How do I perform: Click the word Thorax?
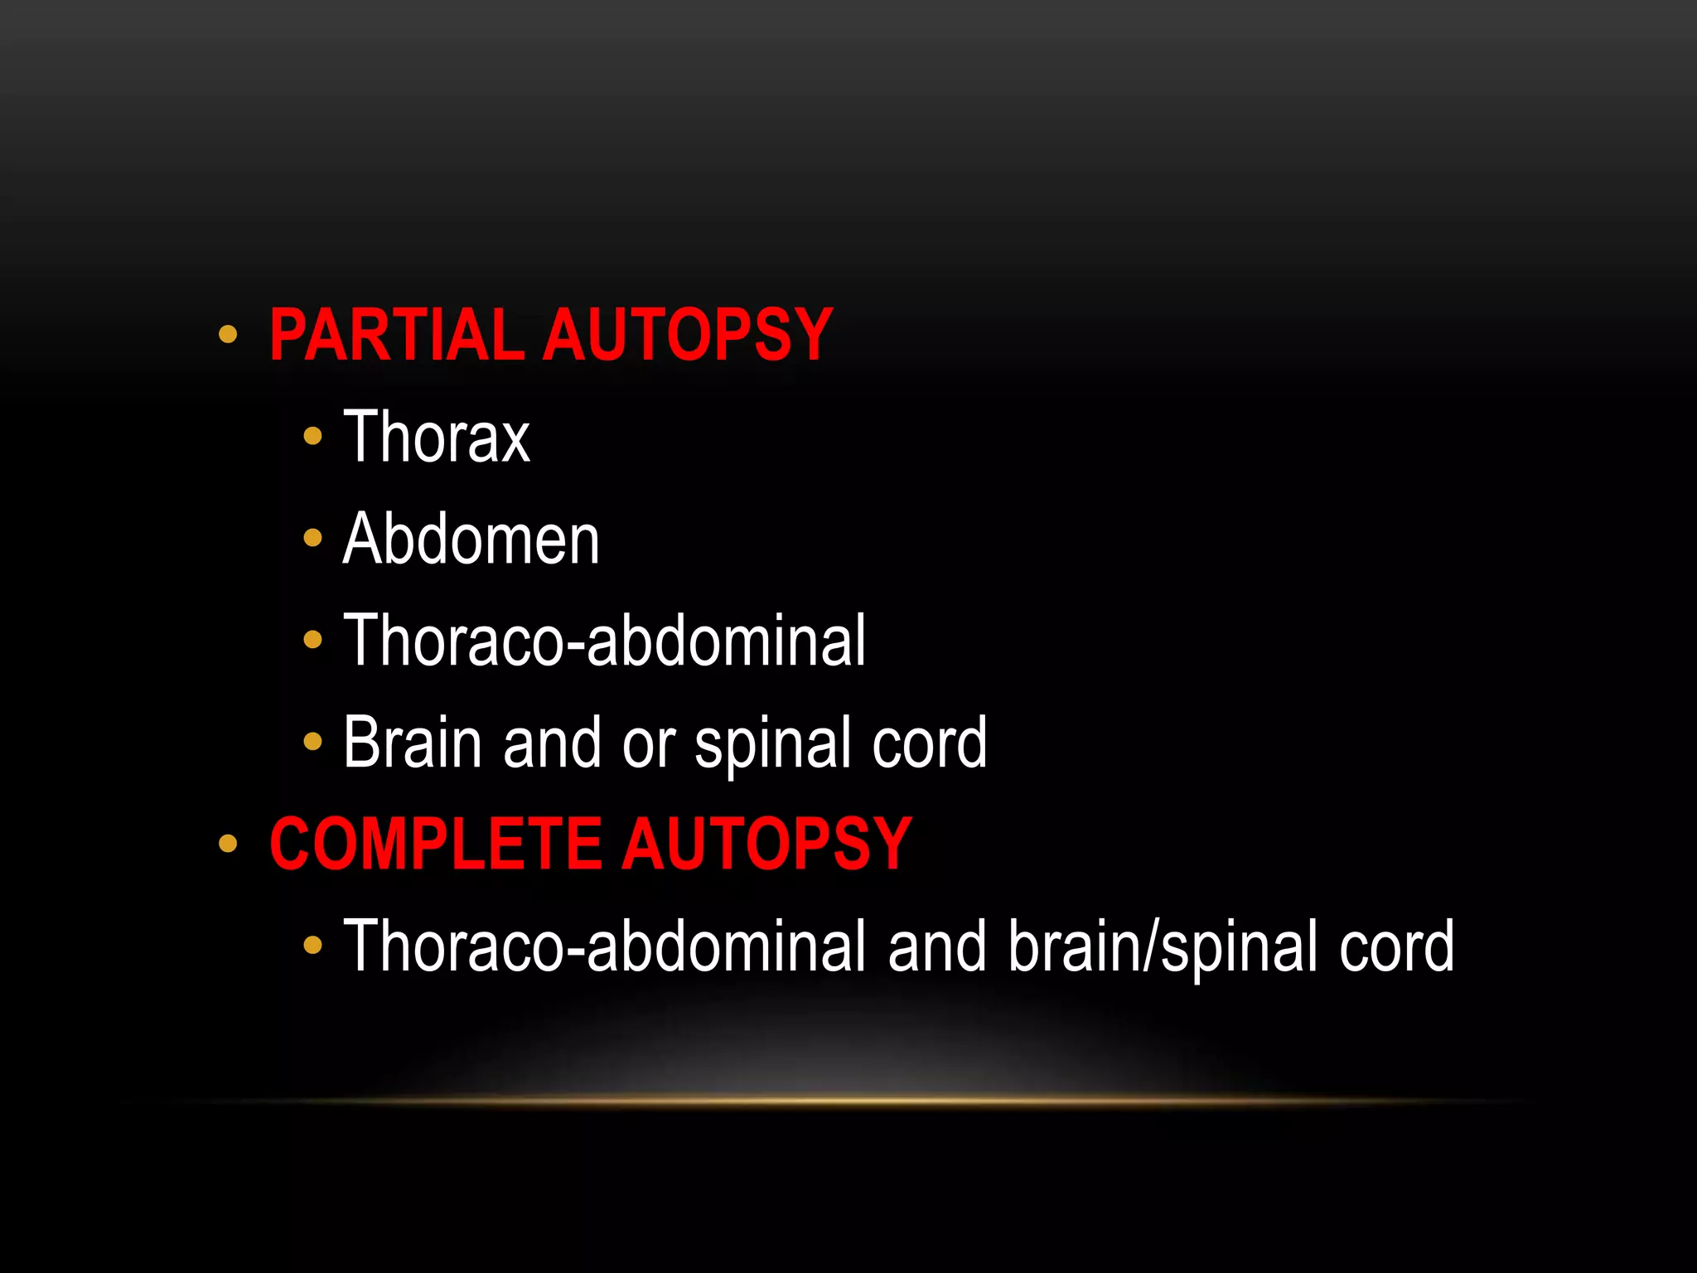point(437,437)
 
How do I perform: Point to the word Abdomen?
point(471,539)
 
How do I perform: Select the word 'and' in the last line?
point(937,946)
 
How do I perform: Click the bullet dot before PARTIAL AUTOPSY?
point(228,336)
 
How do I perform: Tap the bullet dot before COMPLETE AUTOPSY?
point(228,845)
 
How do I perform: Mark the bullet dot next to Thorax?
point(312,436)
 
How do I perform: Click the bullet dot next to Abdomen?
point(312,539)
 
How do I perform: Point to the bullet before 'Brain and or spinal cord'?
point(312,742)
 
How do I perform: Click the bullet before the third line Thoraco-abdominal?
point(312,640)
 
